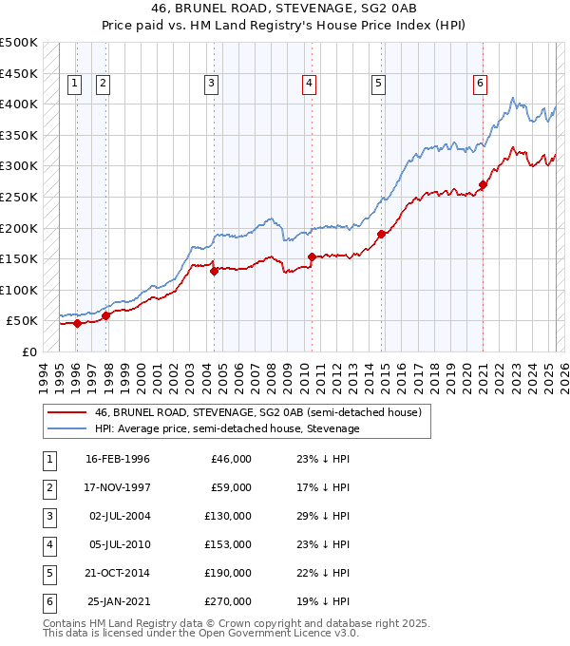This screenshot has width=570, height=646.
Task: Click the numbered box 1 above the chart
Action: point(74,84)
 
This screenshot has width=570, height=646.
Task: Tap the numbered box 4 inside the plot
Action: point(310,84)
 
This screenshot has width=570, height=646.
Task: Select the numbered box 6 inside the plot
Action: point(481,84)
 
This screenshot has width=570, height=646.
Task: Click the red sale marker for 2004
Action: point(214,271)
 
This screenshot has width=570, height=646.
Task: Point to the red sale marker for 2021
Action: point(483,185)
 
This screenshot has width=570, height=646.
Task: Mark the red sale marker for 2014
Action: point(381,234)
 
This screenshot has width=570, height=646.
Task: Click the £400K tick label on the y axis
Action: point(19,104)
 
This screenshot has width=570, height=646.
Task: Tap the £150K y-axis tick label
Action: point(19,258)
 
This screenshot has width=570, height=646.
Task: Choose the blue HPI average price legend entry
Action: point(227,428)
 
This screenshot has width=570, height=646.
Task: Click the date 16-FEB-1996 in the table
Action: point(118,459)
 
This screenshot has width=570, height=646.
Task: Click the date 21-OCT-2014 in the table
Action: point(118,573)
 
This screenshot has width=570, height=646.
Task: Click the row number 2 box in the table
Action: point(48,487)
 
